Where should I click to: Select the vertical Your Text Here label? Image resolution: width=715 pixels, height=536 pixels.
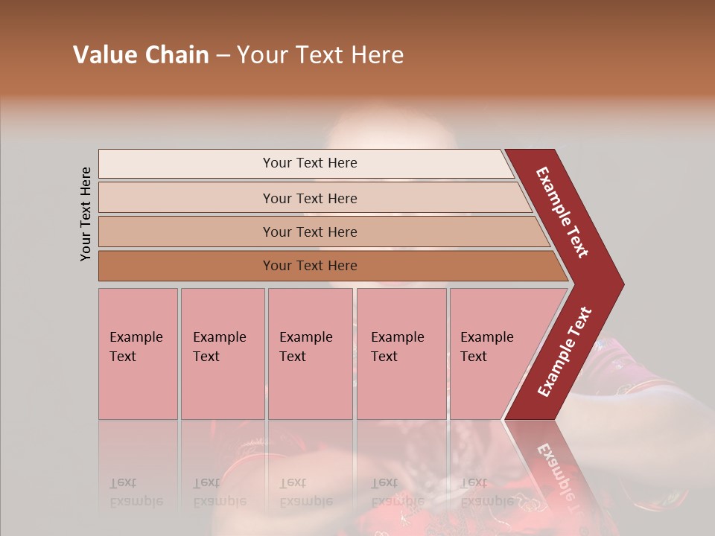coord(86,214)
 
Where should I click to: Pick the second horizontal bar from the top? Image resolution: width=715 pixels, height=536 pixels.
coord(309,198)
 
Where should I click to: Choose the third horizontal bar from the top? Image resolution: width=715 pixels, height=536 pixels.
coord(309,232)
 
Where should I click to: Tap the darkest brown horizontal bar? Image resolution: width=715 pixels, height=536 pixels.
coord(309,266)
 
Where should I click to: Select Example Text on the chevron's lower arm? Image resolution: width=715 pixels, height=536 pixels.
coord(565,352)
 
